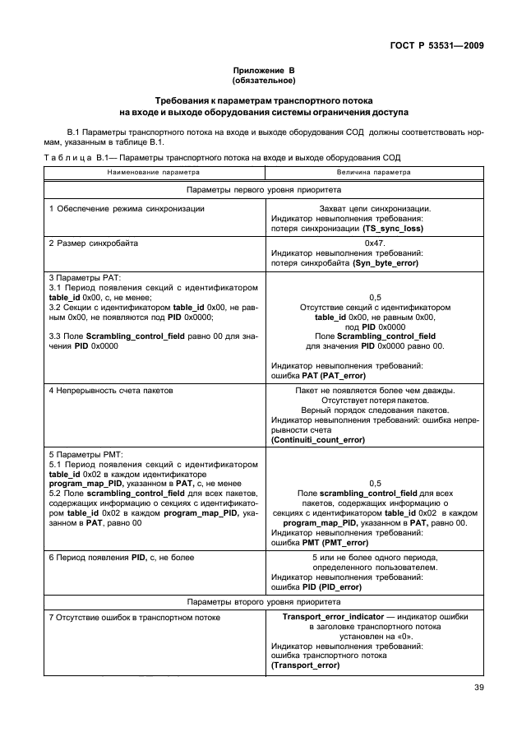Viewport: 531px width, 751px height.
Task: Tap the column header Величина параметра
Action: tap(375, 174)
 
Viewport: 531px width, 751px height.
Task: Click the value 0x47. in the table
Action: tap(375, 244)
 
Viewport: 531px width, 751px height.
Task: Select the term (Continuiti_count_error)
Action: tap(318, 440)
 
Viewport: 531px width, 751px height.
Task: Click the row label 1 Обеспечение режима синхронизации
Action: tap(126, 209)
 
